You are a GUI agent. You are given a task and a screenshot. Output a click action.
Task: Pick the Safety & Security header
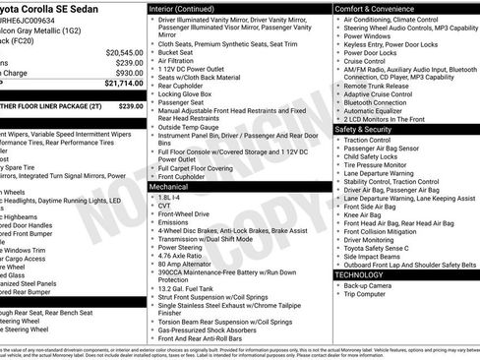[370, 129]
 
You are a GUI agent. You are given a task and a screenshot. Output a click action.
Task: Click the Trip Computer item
[371, 293]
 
